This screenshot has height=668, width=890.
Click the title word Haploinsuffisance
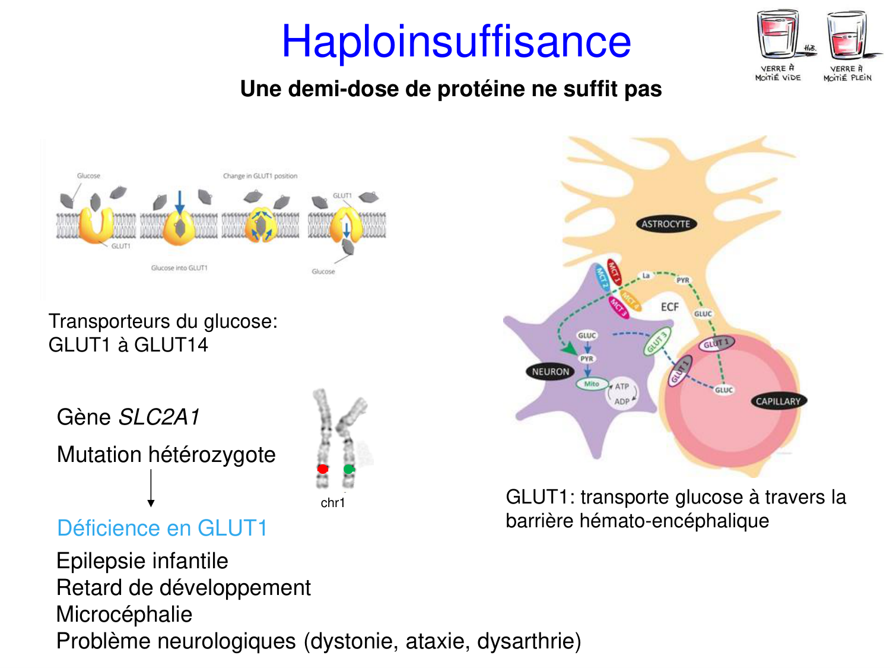click(x=456, y=42)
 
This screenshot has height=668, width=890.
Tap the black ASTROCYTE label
click(x=666, y=224)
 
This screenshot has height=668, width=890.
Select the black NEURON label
click(x=550, y=372)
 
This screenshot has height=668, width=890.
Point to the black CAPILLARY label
click(x=778, y=401)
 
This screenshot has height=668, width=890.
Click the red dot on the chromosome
click(x=323, y=469)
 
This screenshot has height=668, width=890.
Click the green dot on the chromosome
click(x=349, y=469)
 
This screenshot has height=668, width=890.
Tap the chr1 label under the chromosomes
click(x=332, y=503)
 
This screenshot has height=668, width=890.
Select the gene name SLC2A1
click(x=159, y=417)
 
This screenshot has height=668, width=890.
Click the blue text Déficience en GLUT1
click(x=162, y=528)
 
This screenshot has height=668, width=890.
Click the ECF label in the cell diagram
click(x=669, y=307)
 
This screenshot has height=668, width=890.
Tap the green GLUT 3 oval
click(x=657, y=342)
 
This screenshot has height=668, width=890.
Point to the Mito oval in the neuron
click(x=592, y=384)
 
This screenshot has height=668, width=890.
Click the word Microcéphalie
click(x=124, y=615)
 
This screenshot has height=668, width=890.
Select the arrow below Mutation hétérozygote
click(x=151, y=487)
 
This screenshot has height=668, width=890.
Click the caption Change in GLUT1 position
click(x=260, y=176)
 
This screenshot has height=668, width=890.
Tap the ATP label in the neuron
click(x=622, y=387)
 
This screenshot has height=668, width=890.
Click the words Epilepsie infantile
click(x=142, y=561)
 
